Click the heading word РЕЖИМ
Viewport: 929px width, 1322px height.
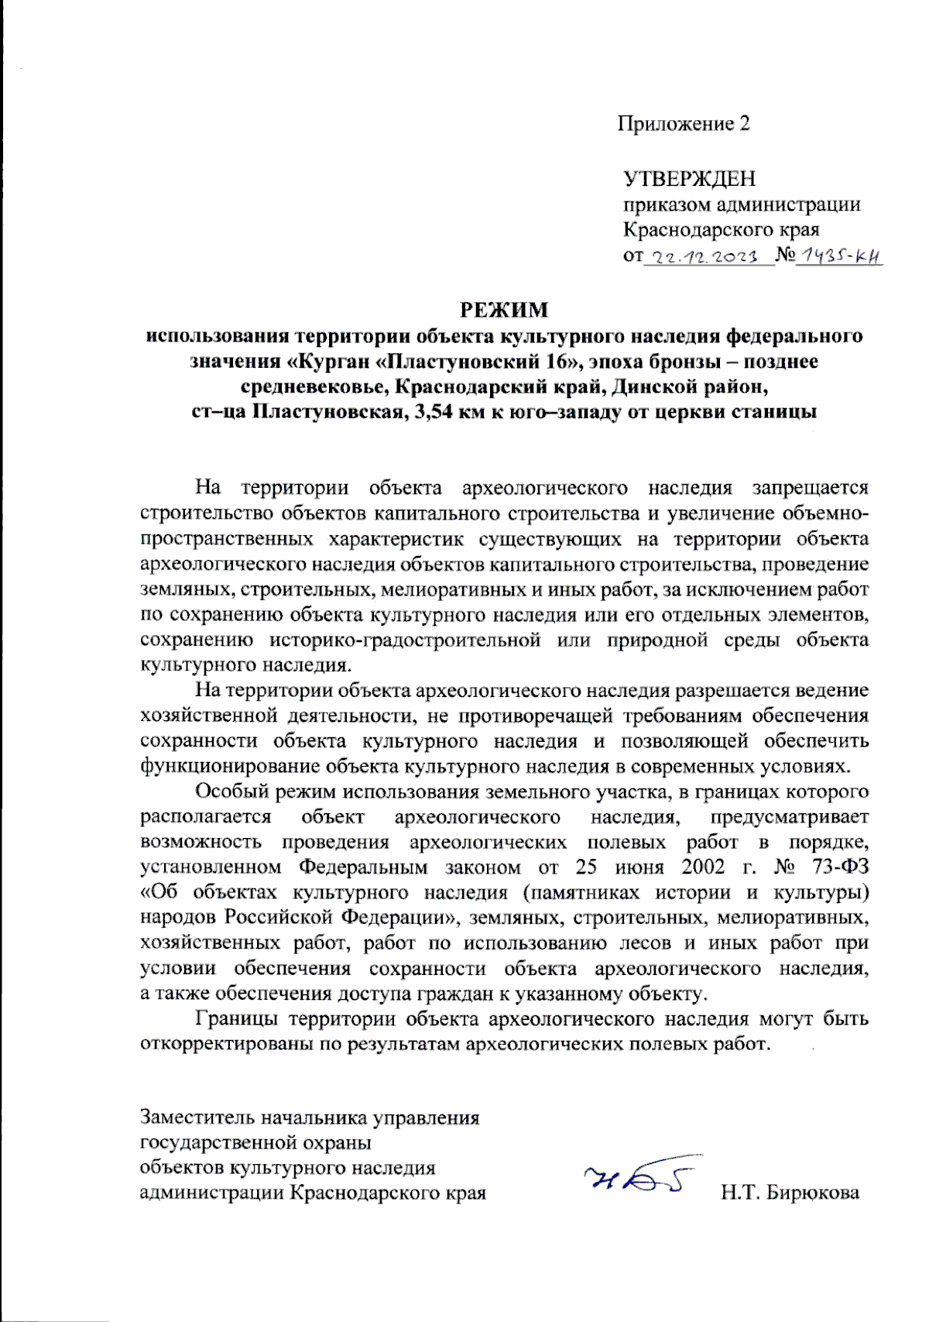click(504, 311)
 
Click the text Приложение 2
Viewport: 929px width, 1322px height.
click(684, 124)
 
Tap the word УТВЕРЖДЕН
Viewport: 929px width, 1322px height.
click(689, 179)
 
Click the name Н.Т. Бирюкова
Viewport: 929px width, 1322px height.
click(790, 1193)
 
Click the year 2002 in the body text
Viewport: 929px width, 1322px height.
click(703, 867)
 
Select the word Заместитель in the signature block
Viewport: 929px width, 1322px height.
click(197, 1118)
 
